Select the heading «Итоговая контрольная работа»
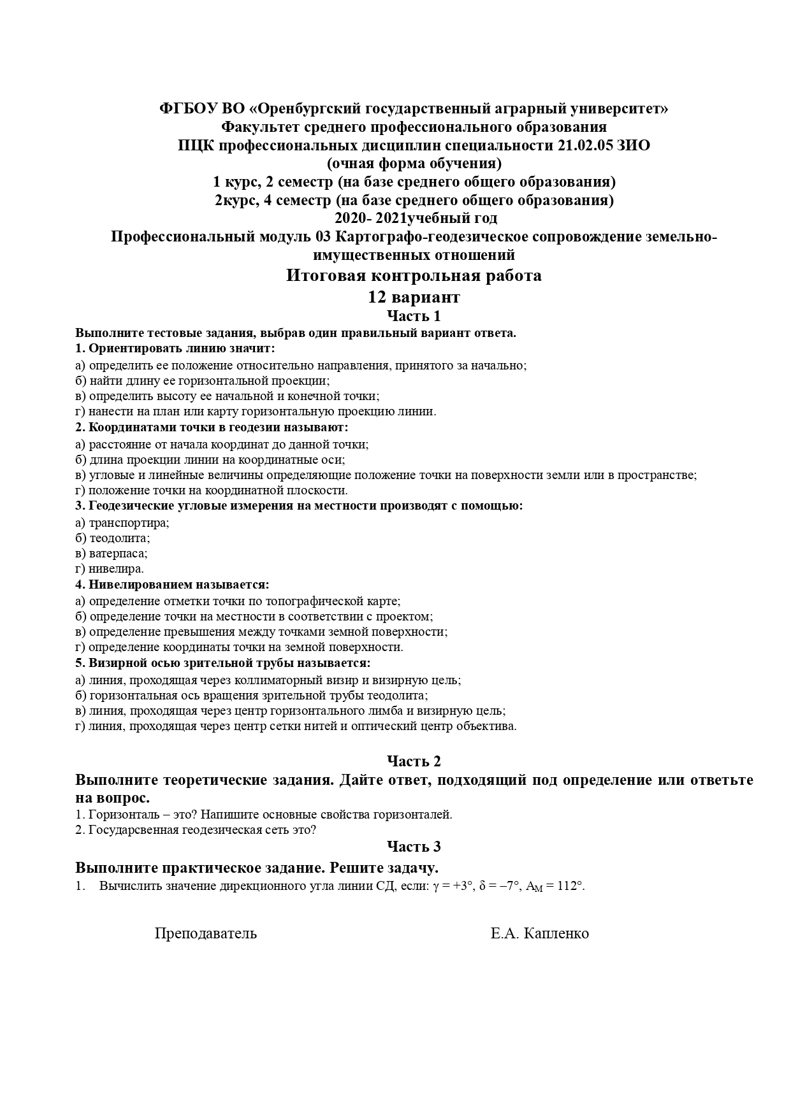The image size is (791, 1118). coord(414,276)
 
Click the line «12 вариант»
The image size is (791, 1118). coord(414,297)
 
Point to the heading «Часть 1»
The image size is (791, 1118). coord(414,316)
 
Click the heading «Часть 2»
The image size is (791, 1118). coord(414,761)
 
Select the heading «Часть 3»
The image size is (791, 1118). coord(414,847)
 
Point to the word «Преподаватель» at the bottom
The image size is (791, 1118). coord(206,934)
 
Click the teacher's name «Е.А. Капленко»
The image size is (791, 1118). coord(539,934)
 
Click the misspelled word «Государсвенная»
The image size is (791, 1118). coord(133,830)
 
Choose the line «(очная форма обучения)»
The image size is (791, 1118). coord(414,164)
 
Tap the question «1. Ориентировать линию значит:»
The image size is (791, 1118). coord(175,349)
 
